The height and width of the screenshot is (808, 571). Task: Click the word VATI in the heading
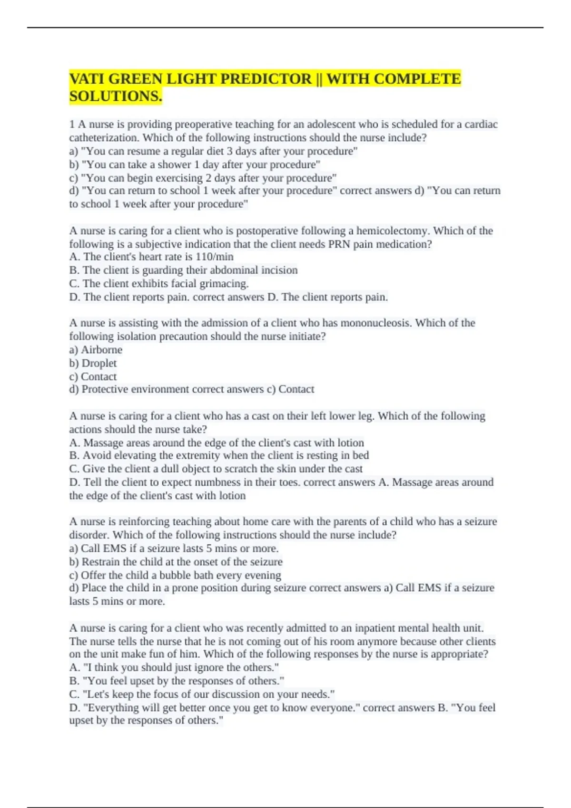tap(87, 78)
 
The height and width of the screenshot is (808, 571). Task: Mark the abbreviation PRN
tap(339, 244)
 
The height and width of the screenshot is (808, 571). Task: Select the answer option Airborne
tap(101, 350)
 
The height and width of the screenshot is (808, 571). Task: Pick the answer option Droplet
tap(99, 363)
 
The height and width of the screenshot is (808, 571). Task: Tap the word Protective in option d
tap(105, 389)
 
